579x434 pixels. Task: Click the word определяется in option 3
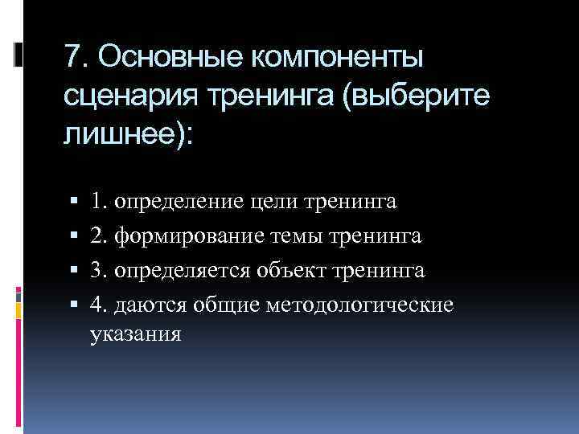(183, 271)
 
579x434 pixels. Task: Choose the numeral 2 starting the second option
(96, 236)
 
